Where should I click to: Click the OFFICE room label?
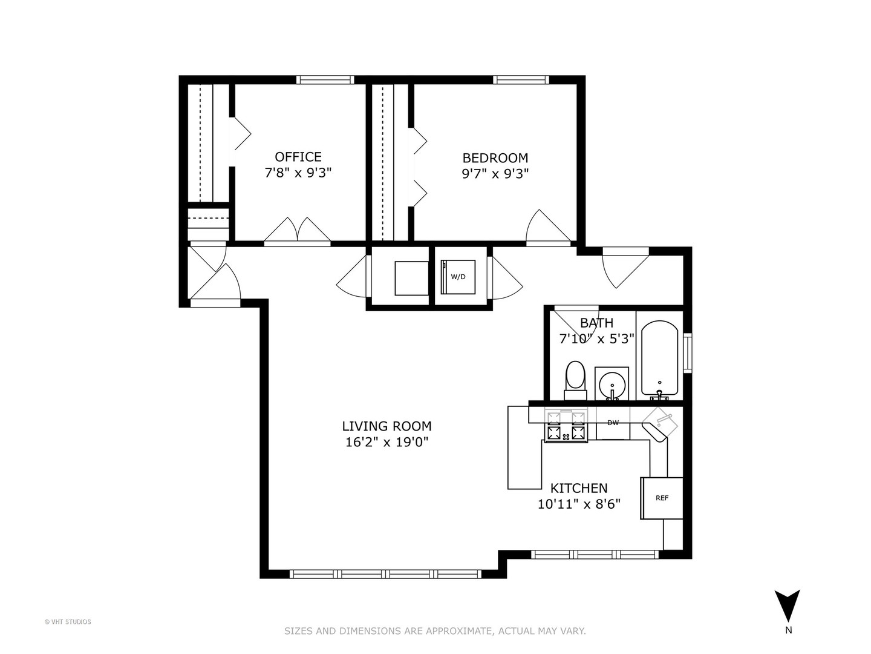(x=298, y=157)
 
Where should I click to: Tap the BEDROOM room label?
(x=495, y=157)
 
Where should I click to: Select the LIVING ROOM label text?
(x=387, y=426)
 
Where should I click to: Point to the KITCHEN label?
(x=578, y=488)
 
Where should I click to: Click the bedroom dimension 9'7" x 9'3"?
(x=495, y=173)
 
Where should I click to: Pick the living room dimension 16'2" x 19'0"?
(x=387, y=442)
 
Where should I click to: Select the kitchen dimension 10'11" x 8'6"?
(x=579, y=504)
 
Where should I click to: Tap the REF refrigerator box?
(x=662, y=498)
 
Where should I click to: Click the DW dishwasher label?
(x=613, y=423)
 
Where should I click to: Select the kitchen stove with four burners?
(x=566, y=425)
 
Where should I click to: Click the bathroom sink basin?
(x=612, y=384)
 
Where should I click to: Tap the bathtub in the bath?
(x=659, y=357)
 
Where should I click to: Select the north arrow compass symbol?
(x=788, y=606)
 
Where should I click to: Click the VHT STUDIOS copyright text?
(x=68, y=621)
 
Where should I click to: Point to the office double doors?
(x=298, y=232)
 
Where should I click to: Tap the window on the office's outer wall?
(x=325, y=79)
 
